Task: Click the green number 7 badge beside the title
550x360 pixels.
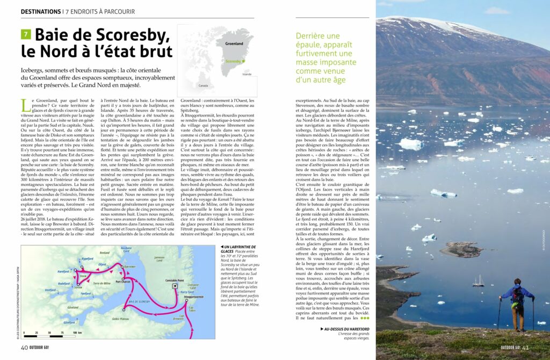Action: point(26,34)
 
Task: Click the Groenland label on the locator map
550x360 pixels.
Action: point(234,43)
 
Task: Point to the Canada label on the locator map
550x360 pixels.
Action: point(203,85)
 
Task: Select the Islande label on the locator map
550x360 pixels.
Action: point(247,74)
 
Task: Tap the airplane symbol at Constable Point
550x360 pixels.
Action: point(175,287)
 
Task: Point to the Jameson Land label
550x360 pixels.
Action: point(160,259)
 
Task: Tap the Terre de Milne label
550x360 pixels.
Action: point(102,283)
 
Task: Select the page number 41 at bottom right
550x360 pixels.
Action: point(526,348)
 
